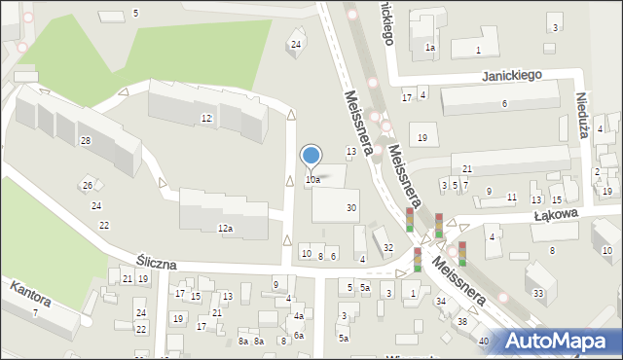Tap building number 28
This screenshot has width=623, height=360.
point(86,142)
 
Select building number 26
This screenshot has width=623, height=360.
point(87,186)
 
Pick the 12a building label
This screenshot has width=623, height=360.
point(225,229)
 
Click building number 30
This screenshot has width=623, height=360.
point(351,208)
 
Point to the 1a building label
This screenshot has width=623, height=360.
point(429,47)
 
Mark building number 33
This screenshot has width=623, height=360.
point(538,293)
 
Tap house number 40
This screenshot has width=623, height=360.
point(484,341)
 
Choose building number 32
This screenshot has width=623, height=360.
point(388,248)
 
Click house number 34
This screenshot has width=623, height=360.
point(441,302)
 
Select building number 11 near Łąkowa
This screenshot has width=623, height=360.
point(512,198)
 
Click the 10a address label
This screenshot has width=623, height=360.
point(312,180)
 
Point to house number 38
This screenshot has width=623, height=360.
point(462,322)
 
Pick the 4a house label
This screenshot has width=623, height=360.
point(299,316)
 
